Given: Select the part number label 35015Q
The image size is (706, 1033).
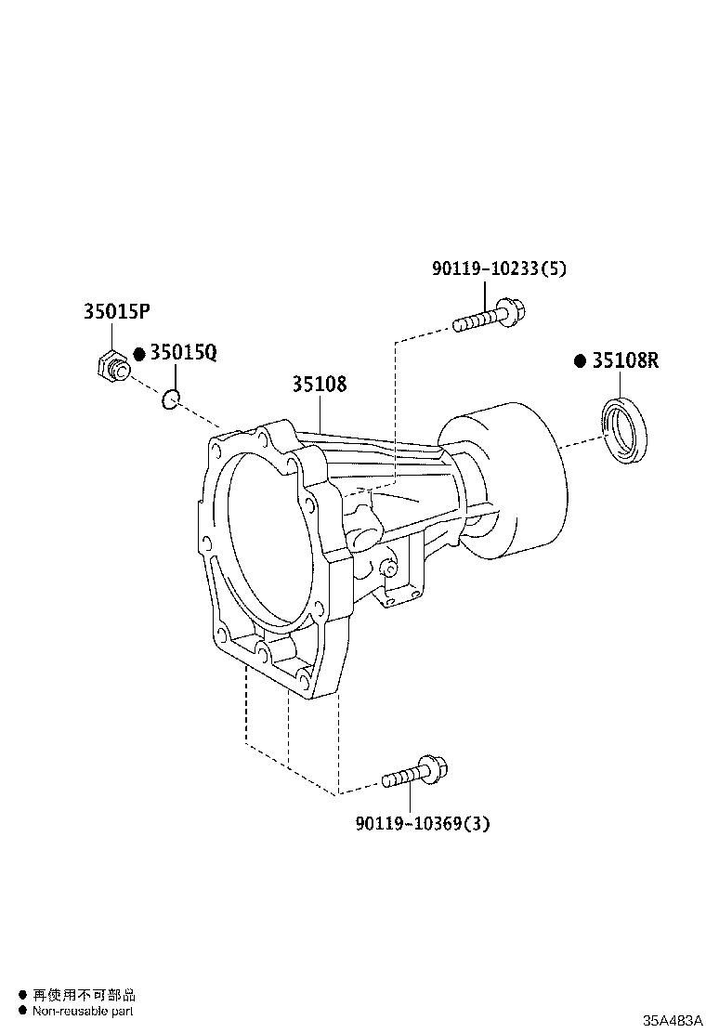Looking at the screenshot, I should (x=183, y=354).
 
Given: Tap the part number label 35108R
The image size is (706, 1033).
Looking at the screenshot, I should (x=625, y=361).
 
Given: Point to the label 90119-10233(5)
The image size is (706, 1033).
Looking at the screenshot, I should (x=499, y=269).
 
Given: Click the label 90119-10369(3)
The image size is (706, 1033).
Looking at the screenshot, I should (x=422, y=823).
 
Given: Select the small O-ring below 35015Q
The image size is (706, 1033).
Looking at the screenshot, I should (x=169, y=400).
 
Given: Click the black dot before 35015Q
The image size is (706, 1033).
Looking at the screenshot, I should (x=139, y=355).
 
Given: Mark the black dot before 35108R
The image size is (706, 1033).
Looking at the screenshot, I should (x=580, y=361).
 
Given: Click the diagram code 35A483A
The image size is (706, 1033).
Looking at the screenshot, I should (x=672, y=1019).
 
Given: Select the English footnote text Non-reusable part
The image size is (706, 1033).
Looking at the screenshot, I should (x=83, y=1011).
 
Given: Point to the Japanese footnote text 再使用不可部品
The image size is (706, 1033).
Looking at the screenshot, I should (x=84, y=995).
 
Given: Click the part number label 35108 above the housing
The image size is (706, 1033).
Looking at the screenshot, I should (x=320, y=384).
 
